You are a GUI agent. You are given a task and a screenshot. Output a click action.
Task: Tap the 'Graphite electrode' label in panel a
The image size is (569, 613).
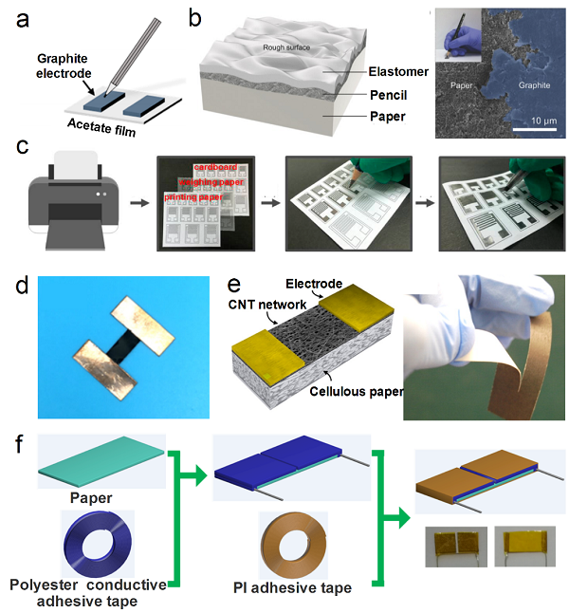coord(58,64)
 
